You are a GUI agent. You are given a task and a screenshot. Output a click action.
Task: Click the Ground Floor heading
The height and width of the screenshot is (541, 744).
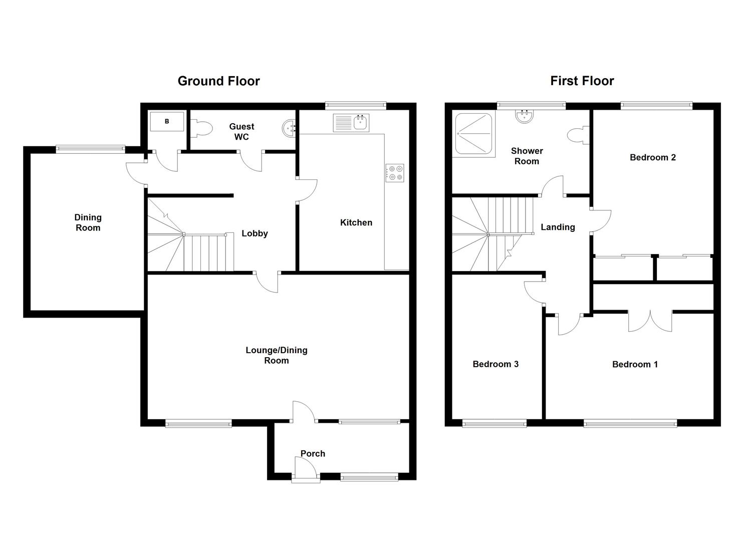pyautogui.click(x=218, y=81)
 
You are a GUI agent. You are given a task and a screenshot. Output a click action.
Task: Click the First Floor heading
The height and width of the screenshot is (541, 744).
pyautogui.click(x=582, y=81)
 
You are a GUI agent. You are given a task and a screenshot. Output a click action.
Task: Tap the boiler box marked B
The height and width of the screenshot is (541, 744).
pyautogui.click(x=167, y=122)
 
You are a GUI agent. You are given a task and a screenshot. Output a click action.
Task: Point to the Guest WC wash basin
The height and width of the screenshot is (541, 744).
pyautogui.click(x=289, y=128)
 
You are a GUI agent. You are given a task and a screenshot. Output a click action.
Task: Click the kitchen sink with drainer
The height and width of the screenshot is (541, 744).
pyautogui.click(x=351, y=123)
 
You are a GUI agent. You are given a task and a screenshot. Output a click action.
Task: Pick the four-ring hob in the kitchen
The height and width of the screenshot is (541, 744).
pyautogui.click(x=395, y=173)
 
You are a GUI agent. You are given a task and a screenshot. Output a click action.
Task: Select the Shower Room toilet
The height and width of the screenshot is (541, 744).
pyautogui.click(x=578, y=135)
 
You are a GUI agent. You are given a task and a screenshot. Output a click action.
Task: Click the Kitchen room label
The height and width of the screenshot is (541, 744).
pyautogui.click(x=356, y=222)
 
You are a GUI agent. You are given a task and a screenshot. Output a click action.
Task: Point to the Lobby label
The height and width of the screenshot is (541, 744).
pyautogui.click(x=255, y=233)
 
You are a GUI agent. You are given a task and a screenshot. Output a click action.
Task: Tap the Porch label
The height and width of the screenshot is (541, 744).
pyautogui.click(x=313, y=454)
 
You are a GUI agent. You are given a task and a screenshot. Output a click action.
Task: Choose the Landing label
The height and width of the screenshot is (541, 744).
pyautogui.click(x=558, y=227)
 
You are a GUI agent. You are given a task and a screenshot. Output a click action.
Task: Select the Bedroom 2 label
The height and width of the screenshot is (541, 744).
pyautogui.click(x=653, y=157)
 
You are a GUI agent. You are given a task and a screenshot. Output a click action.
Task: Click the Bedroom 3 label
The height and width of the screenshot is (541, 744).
pyautogui.click(x=495, y=364)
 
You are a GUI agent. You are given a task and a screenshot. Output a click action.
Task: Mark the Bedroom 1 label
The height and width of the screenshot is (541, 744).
pyautogui.click(x=635, y=365)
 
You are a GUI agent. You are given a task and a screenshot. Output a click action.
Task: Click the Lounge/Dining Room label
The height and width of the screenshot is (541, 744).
pyautogui.click(x=277, y=355)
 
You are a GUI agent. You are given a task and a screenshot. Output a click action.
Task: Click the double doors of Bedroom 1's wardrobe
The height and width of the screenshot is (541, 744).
pyautogui.click(x=650, y=321)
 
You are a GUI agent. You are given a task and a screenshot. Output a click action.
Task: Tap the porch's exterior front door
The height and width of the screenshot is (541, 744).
pyautogui.click(x=306, y=469)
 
